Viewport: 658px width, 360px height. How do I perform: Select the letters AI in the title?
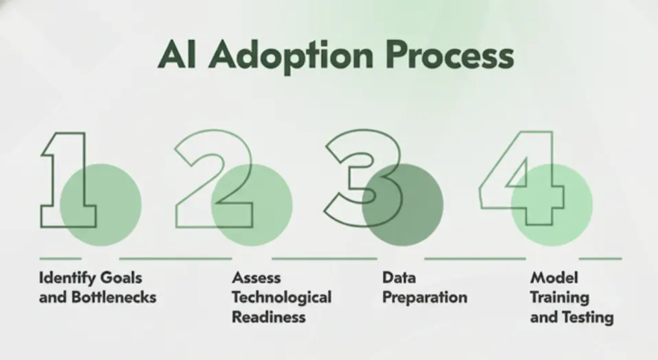coord(174,55)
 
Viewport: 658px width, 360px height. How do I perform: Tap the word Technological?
coord(281,297)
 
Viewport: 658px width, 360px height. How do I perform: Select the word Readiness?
coord(269,317)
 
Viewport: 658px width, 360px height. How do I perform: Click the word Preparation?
coord(424,297)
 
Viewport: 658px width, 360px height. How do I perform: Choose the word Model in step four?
coord(554,278)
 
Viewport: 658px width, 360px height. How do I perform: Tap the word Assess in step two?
coord(256,278)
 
